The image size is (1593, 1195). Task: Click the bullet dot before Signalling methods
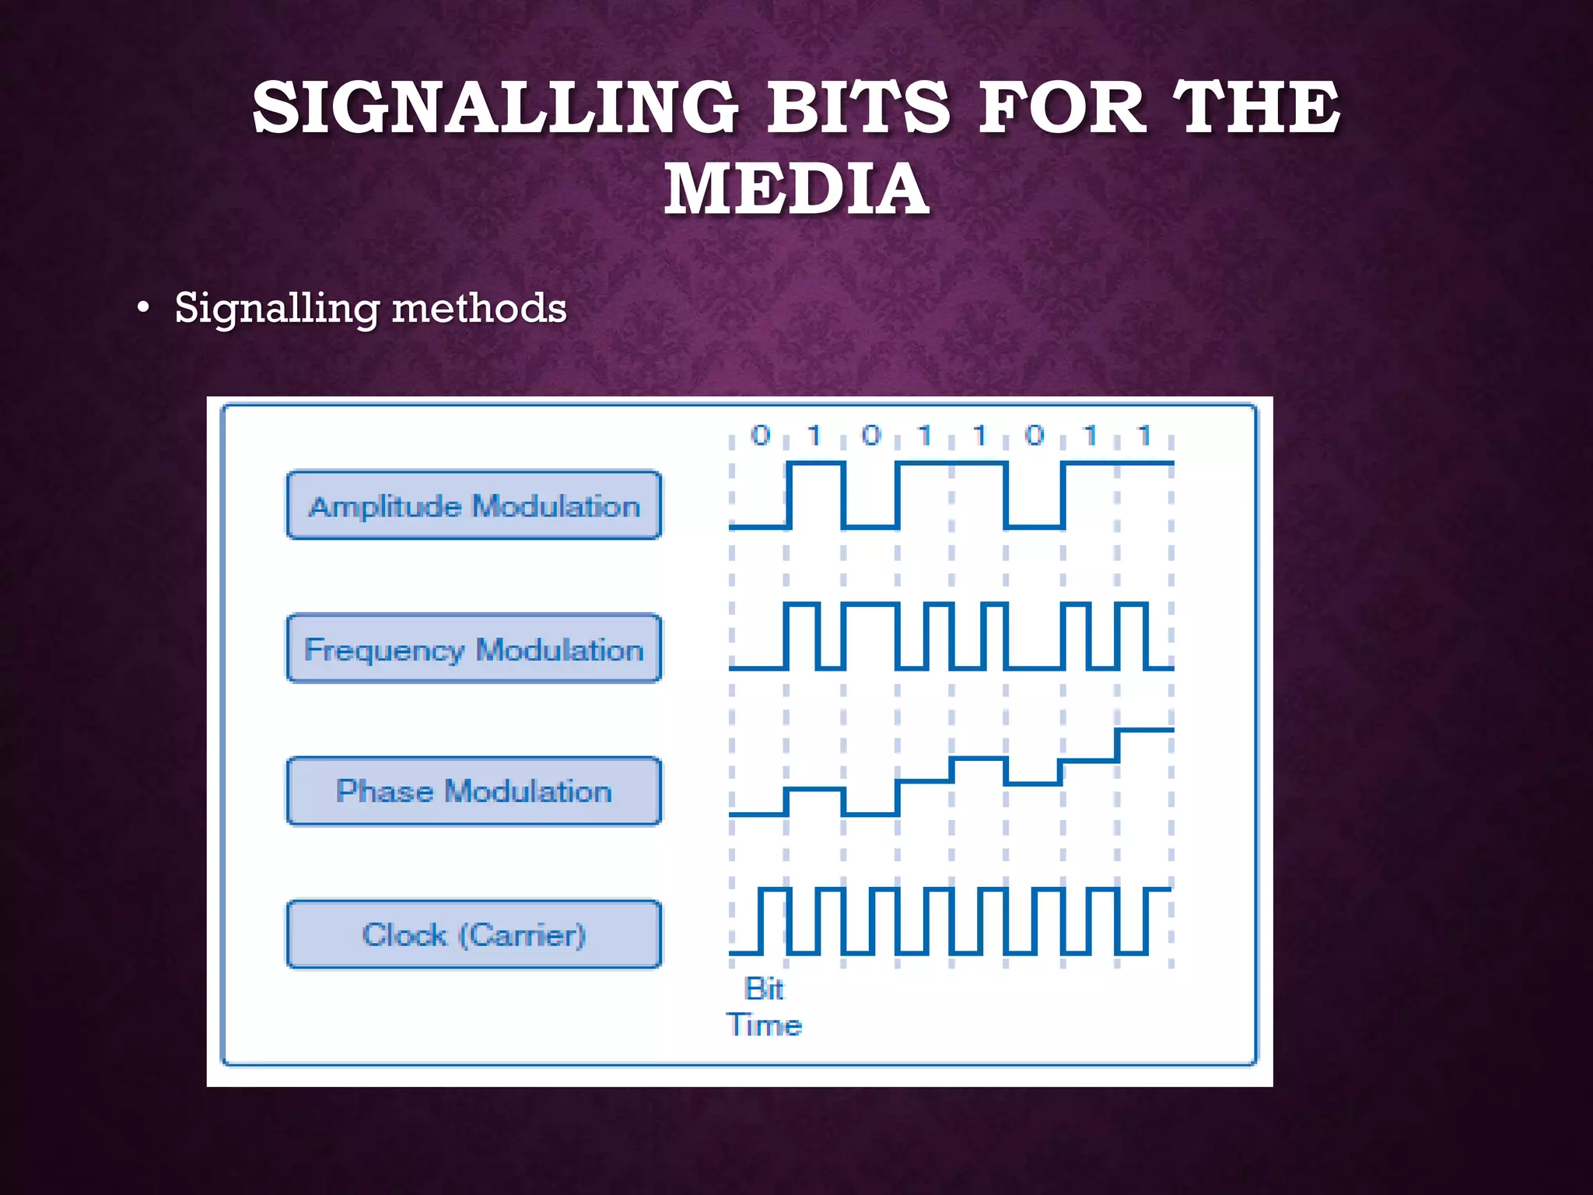(142, 309)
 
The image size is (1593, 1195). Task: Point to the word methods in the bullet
(479, 308)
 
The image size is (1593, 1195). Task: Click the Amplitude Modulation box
(474, 506)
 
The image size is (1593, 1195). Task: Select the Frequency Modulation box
(474, 649)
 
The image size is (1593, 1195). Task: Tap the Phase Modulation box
(474, 791)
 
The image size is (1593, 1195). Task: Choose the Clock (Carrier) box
(474, 934)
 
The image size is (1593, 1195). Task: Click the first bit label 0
(760, 436)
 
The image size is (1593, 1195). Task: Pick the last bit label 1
(1143, 436)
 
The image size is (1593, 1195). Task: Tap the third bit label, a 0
(871, 436)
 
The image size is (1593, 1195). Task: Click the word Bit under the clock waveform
(764, 989)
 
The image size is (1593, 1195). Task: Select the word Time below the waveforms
(764, 1025)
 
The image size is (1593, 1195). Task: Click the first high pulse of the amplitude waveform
(815, 464)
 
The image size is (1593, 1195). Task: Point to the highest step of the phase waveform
(1144, 731)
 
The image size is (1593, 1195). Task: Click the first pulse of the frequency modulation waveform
(801, 605)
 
